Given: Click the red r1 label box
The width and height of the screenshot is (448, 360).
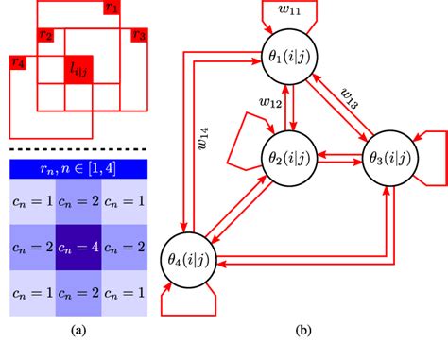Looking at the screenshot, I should tap(112, 9).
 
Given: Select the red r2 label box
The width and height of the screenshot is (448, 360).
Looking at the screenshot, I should tap(44, 36).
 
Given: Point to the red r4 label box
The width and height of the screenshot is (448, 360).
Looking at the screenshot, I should tap(17, 63).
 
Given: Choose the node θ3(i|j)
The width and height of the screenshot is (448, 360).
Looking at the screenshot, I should tap(388, 157).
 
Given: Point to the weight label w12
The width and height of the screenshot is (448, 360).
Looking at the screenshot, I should tap(271, 99).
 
